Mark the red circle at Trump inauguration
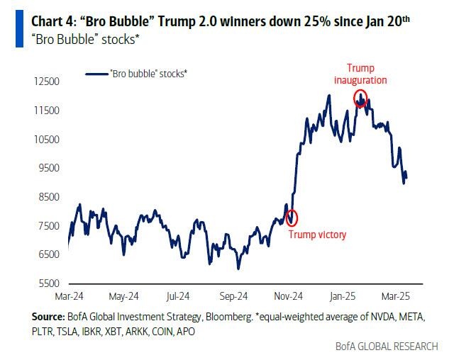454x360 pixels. point(360,99)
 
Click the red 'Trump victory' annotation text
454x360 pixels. point(318,235)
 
